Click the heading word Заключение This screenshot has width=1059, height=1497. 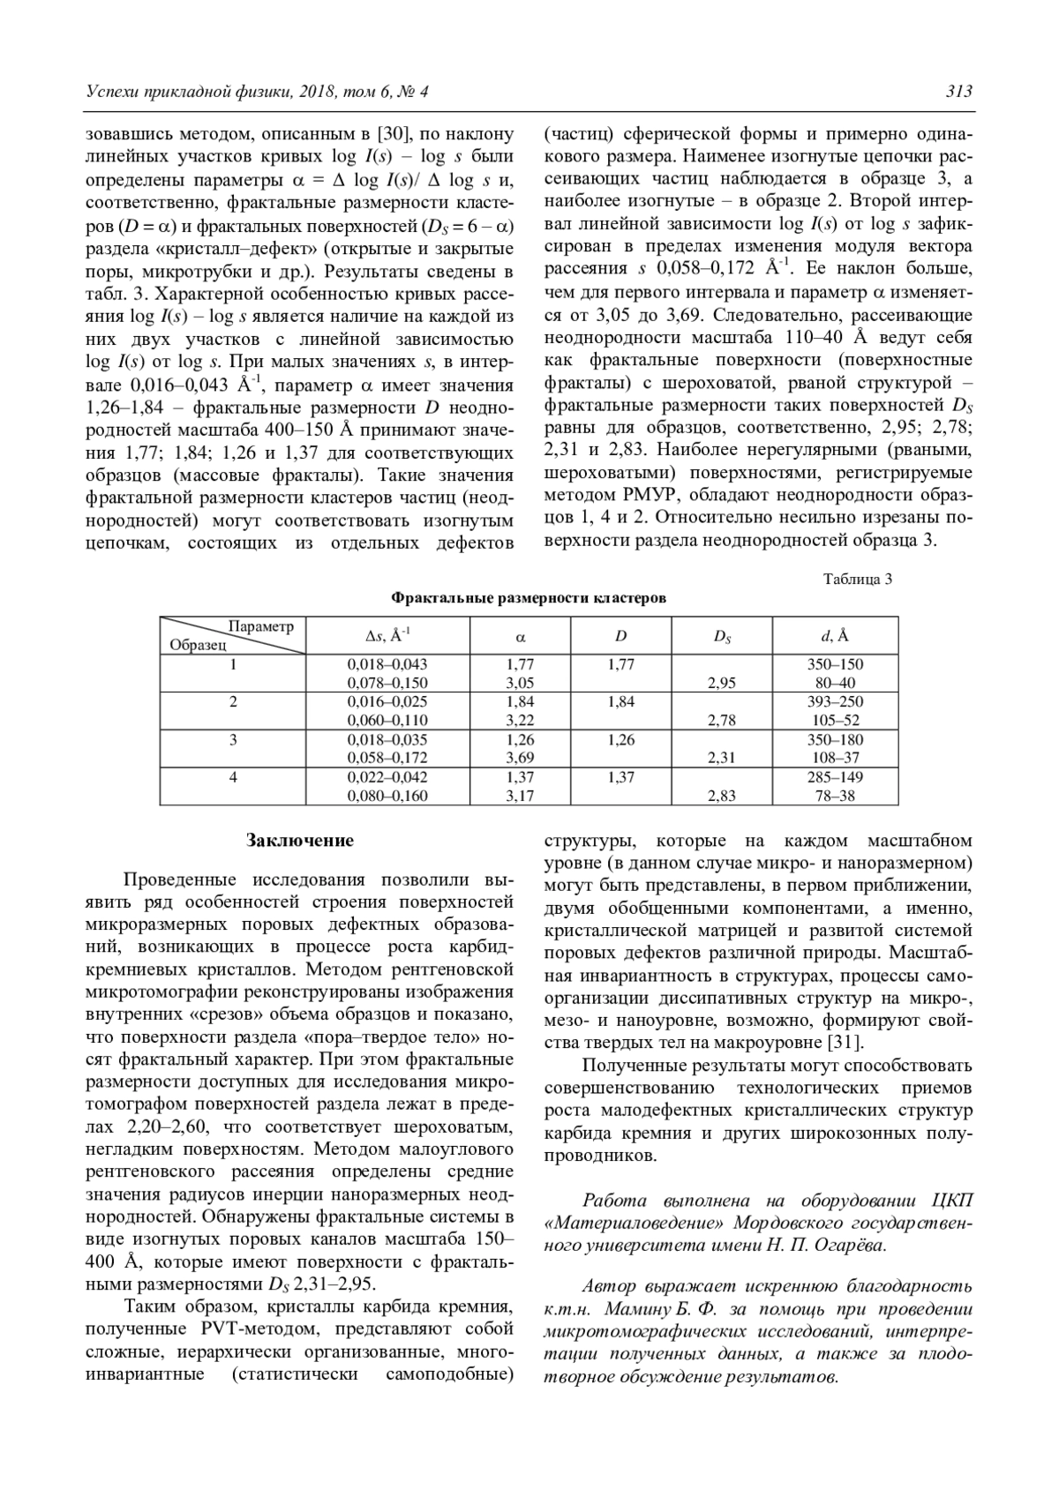click(300, 840)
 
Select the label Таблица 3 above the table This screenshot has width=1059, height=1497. click(857, 579)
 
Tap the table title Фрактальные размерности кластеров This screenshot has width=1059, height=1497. click(529, 598)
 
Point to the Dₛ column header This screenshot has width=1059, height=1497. click(722, 635)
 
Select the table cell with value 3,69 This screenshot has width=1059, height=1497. click(520, 758)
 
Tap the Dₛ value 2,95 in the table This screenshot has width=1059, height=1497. click(722, 683)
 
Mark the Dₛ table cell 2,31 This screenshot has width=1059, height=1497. click(722, 758)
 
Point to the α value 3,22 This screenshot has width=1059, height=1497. click(520, 721)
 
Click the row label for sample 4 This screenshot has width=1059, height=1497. click(233, 777)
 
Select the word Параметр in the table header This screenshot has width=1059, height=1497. click(260, 626)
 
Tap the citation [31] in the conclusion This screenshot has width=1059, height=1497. click(844, 1042)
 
